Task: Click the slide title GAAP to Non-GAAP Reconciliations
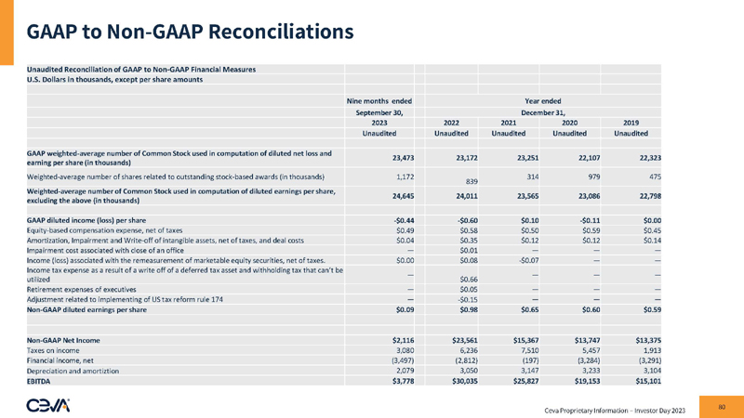(190, 32)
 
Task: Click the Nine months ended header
(379, 99)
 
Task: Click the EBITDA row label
(42, 380)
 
